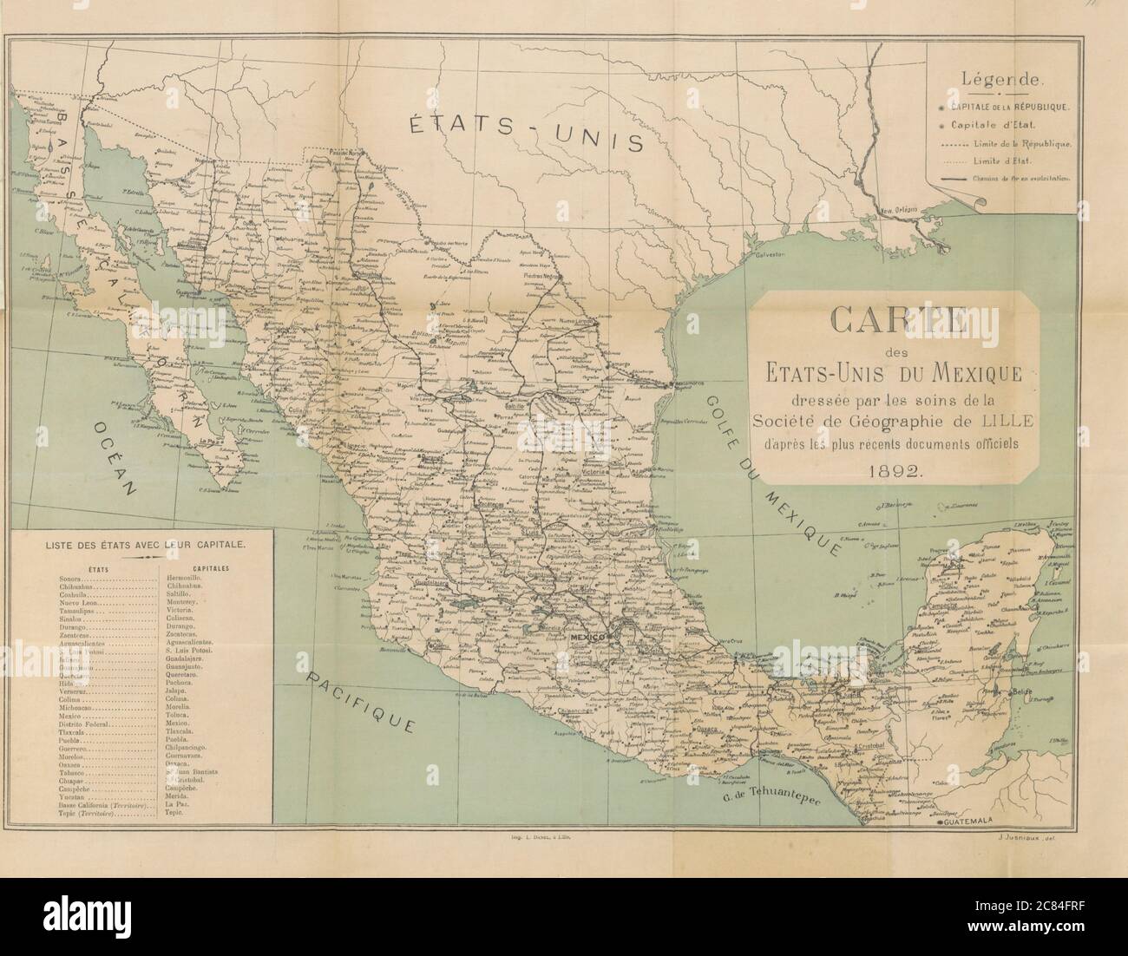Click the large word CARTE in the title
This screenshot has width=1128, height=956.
[894, 318]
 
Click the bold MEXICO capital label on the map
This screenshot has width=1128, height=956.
[587, 638]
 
